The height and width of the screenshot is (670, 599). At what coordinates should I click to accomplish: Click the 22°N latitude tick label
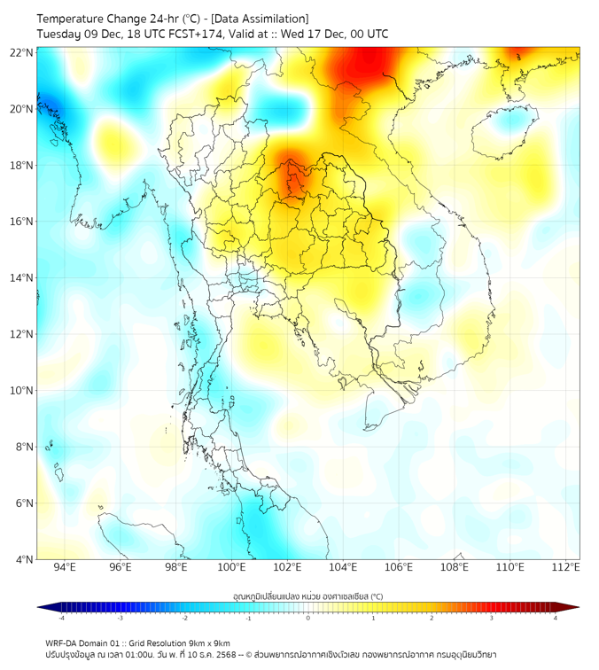pos(22,52)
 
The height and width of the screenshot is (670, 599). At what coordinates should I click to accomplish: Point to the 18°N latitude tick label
pos(22,165)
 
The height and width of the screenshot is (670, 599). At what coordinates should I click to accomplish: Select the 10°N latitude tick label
pos(22,390)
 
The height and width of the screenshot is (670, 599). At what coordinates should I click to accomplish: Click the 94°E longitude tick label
pos(65,567)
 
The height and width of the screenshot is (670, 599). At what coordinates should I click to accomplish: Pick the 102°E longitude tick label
pos(287,567)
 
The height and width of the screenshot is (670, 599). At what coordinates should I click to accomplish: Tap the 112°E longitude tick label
pos(565,567)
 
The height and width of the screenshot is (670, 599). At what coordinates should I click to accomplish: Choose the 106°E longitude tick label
pos(399,567)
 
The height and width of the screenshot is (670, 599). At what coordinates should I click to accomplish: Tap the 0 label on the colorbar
pos(308,618)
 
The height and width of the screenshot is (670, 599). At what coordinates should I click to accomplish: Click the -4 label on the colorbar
pos(61,618)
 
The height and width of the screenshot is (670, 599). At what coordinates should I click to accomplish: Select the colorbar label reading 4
pos(555,618)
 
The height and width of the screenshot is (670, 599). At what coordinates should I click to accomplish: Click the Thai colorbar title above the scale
pos(307,596)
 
